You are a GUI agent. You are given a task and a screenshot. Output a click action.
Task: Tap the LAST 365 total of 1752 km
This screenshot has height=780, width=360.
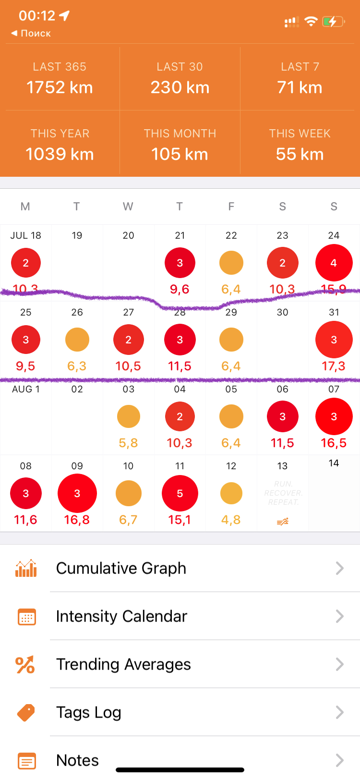pyautogui.click(x=60, y=87)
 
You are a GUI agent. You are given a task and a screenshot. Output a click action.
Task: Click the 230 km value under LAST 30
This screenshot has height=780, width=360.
pyautogui.click(x=180, y=87)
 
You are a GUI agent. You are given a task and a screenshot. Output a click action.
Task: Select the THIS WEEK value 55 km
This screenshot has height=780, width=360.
pyautogui.click(x=300, y=154)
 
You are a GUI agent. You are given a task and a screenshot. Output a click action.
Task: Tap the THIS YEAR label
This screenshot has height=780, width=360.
pyautogui.click(x=60, y=134)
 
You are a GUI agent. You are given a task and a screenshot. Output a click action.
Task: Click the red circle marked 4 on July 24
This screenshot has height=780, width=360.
pyautogui.click(x=334, y=263)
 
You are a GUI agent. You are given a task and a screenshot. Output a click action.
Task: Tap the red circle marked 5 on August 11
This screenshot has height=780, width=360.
pyautogui.click(x=180, y=493)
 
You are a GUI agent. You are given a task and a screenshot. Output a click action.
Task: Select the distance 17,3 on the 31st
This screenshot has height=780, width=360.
pyautogui.click(x=334, y=366)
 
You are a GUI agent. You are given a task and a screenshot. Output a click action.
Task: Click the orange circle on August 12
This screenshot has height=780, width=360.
pyautogui.click(x=231, y=493)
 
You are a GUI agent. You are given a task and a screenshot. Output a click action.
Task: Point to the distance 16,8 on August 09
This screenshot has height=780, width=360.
pyautogui.click(x=77, y=520)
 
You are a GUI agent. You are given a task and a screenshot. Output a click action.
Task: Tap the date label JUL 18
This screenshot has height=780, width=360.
pyautogui.click(x=26, y=235)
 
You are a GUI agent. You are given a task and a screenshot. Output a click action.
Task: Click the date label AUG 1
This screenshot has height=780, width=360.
pyautogui.click(x=26, y=389)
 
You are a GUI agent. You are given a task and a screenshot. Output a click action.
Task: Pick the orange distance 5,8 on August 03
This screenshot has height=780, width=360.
pyautogui.click(x=128, y=443)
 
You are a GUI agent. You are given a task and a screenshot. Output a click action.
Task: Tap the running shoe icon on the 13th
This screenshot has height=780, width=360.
pyautogui.click(x=283, y=522)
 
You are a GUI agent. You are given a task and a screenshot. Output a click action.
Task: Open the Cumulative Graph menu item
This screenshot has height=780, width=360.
pyautogui.click(x=121, y=568)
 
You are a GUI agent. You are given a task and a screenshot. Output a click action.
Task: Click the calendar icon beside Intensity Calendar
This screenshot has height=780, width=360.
pyautogui.click(x=26, y=617)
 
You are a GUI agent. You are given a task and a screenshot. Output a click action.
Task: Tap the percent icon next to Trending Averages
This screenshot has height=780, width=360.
pyautogui.click(x=25, y=665)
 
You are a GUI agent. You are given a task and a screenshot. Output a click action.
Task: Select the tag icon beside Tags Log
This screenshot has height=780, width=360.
pyautogui.click(x=26, y=713)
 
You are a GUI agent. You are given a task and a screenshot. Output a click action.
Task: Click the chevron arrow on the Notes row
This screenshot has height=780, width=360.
pyautogui.click(x=340, y=760)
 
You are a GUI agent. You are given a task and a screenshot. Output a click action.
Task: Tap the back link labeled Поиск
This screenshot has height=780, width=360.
pyautogui.click(x=31, y=33)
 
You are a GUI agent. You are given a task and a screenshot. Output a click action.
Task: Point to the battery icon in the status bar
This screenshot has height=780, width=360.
pyautogui.click(x=333, y=22)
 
